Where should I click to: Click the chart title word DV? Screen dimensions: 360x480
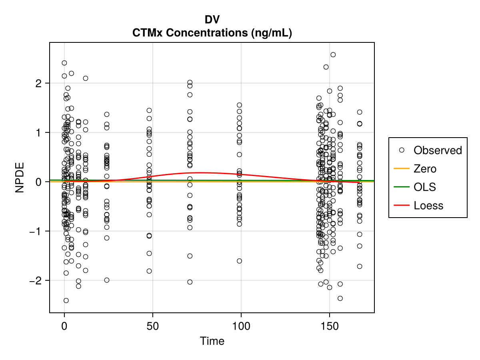click(212, 20)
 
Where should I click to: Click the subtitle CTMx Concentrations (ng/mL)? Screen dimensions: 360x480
click(212, 33)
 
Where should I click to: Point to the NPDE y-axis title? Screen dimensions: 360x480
click(20, 177)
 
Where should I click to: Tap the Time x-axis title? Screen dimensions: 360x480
click(212, 341)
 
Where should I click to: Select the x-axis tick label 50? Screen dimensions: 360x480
click(152, 326)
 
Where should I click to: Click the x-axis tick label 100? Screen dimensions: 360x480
click(241, 326)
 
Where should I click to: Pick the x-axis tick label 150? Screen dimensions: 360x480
click(329, 326)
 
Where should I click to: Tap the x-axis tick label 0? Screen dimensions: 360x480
click(64, 326)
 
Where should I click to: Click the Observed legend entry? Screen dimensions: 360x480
click(438, 150)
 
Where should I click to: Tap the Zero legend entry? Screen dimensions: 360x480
click(425, 169)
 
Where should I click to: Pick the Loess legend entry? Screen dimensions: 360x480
click(428, 206)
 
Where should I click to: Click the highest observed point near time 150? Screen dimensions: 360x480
click(333, 55)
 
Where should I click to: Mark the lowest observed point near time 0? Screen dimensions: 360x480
click(66, 300)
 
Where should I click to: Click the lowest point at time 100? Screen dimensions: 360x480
click(240, 261)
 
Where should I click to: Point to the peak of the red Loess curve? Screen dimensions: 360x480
click(199, 172)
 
